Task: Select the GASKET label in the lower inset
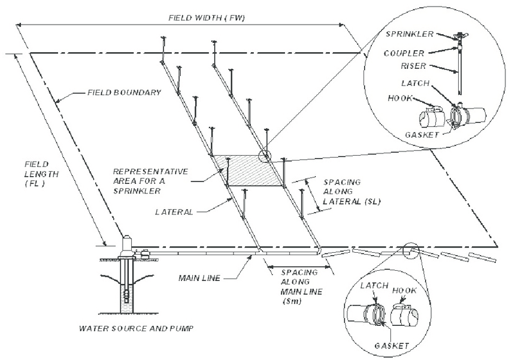392,346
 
